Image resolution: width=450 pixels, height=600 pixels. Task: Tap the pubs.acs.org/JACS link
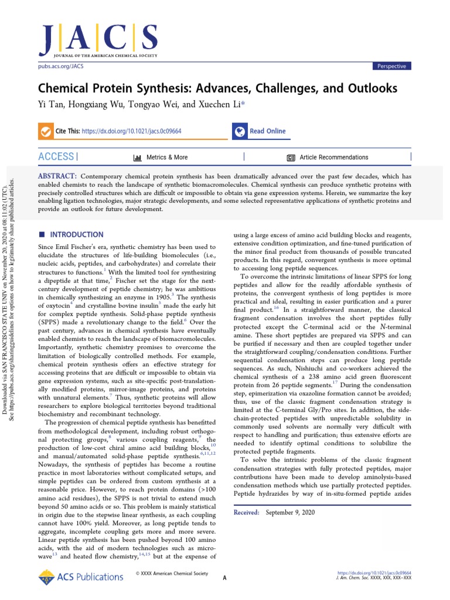click(x=58, y=66)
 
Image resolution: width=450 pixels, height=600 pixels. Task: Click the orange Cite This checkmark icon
click(x=45, y=131)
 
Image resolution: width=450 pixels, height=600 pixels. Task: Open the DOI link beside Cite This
click(x=131, y=131)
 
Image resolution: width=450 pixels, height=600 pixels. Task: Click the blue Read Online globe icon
click(x=239, y=131)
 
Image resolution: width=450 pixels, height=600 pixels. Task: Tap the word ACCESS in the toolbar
click(x=56, y=156)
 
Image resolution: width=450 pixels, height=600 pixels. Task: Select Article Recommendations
click(x=333, y=157)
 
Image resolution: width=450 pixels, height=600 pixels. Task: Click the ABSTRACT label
click(x=57, y=176)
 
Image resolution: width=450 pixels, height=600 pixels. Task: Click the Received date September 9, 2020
click(x=290, y=512)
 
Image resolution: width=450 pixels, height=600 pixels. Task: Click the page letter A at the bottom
click(x=224, y=578)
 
